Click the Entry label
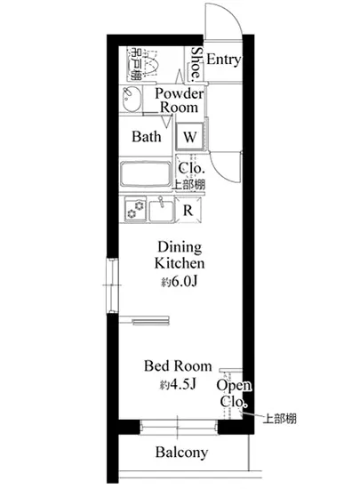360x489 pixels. (224, 60)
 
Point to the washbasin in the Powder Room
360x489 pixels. (132, 100)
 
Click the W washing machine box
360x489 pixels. (191, 137)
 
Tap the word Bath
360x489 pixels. (147, 137)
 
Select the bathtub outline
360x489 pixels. (147, 173)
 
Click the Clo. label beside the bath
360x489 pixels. (191, 168)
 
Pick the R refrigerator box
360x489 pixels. (188, 211)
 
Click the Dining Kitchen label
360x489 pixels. (180, 255)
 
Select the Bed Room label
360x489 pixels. (179, 365)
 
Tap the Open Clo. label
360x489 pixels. (236, 393)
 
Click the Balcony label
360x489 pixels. (181, 453)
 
